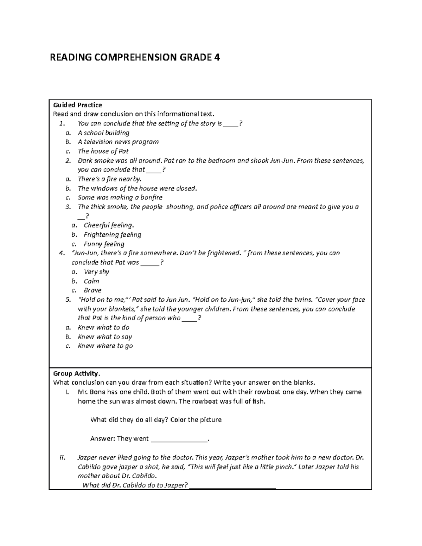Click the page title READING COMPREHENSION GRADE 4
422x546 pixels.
(135, 57)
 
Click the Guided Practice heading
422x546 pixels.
(77, 105)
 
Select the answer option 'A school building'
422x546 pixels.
(103, 133)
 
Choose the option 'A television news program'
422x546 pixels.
(118, 142)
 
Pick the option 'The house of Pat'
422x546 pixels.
(103, 151)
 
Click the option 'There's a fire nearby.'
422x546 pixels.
(109, 179)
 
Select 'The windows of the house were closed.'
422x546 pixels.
(137, 188)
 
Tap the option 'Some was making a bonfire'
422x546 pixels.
(120, 198)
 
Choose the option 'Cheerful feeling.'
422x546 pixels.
(109, 225)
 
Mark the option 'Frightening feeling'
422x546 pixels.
(112, 235)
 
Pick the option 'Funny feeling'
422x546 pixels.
(104, 244)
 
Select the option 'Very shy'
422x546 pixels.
(96, 272)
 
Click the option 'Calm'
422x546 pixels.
(91, 281)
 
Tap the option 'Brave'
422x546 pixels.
(92, 290)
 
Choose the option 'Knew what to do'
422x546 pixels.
(103, 327)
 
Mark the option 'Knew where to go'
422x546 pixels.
(105, 346)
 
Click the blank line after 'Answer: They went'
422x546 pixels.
(179, 439)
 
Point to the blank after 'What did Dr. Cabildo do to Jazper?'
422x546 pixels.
(232, 486)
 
